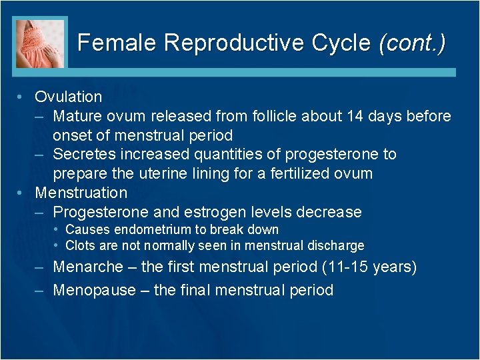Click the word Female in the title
pos(117,43)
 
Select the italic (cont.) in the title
pos(411,43)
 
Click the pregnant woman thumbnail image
pos(41,43)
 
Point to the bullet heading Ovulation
pos(69,97)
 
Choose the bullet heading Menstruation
pos(81,193)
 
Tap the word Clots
pos(80,246)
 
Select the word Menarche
pos(88,267)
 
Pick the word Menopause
pos(92,290)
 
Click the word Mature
pos(76,117)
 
